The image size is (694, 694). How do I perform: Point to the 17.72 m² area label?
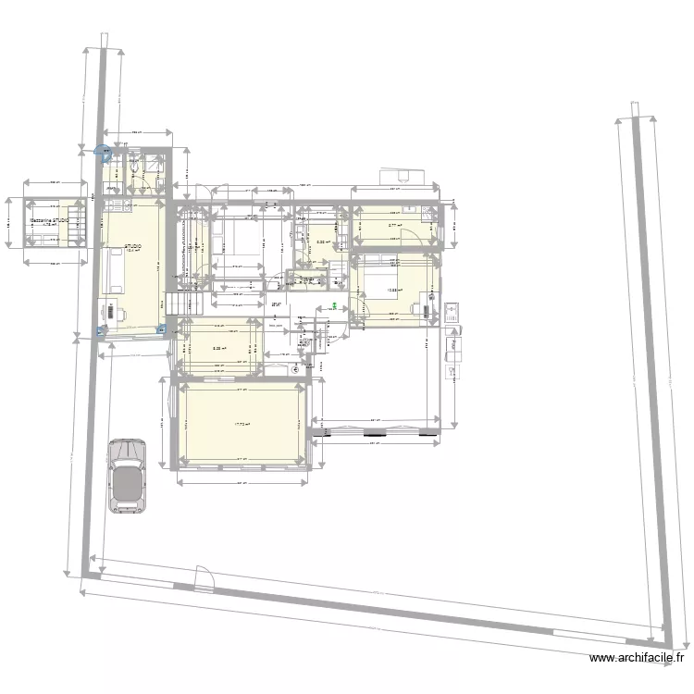tap(242, 424)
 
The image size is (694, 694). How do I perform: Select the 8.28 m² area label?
tap(217, 349)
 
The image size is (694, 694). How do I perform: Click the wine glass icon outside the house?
tap(452, 370)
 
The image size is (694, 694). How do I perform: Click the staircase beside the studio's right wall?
tap(183, 304)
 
